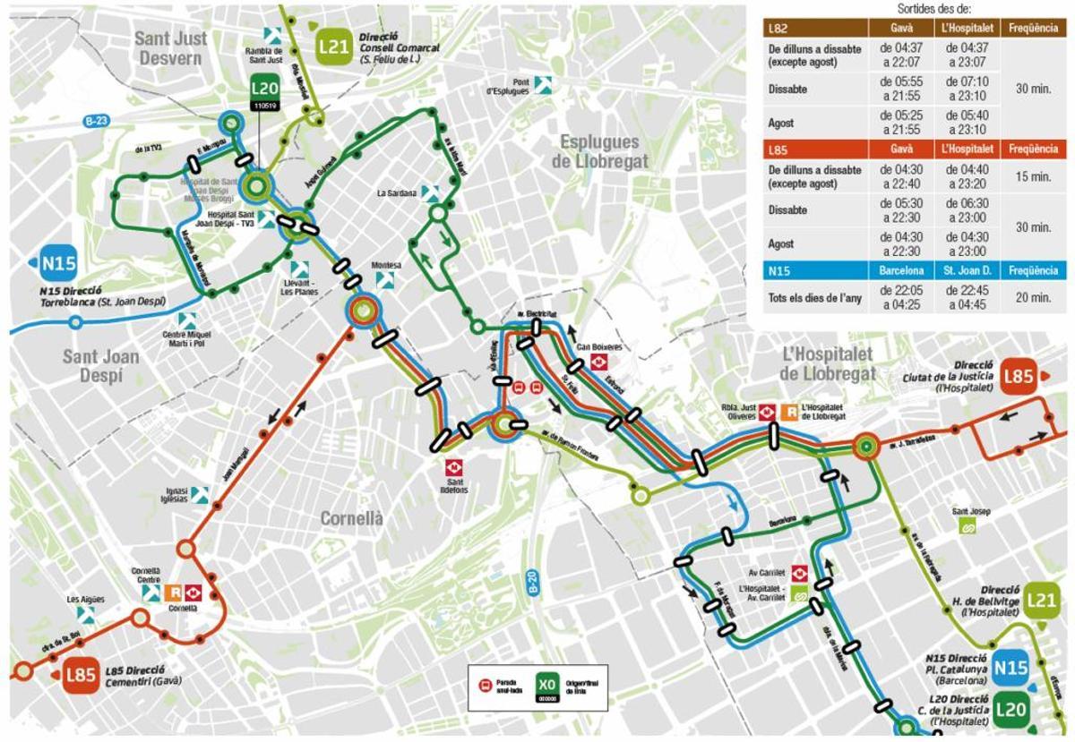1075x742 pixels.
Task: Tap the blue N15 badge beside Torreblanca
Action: [x=59, y=263]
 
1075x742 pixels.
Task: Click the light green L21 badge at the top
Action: [x=333, y=46]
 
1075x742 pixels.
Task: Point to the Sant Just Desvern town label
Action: [x=172, y=47]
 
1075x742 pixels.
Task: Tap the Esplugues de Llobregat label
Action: [x=598, y=151]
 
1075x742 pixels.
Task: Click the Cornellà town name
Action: [x=352, y=518]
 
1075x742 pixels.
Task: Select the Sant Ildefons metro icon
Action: [x=453, y=466]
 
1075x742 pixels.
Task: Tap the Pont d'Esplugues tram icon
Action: [x=543, y=85]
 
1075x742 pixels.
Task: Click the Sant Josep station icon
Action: [x=967, y=526]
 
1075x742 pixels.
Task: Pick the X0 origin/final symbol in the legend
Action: [x=547, y=686]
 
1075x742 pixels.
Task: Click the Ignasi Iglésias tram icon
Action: [x=199, y=494]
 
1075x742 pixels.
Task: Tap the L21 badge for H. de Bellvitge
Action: [x=1042, y=600]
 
